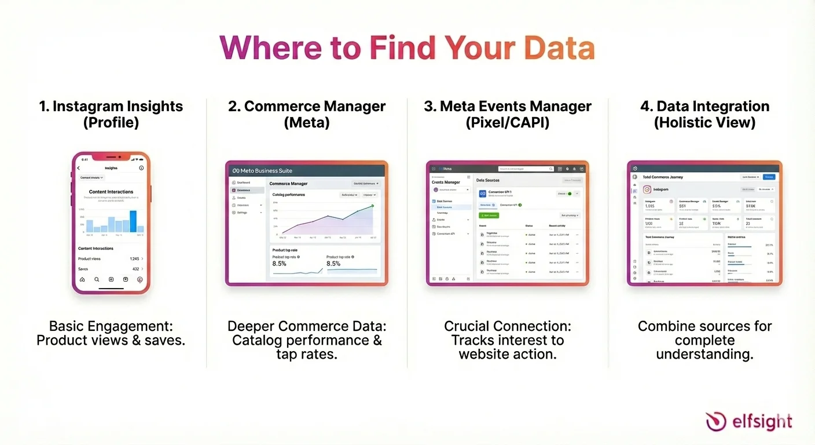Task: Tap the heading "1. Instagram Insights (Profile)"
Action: [111, 114]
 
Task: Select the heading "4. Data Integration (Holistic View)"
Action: [704, 114]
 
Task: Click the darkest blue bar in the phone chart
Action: [133, 221]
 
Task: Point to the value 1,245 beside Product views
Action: [134, 258]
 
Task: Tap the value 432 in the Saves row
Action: [135, 269]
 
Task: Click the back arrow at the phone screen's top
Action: [79, 168]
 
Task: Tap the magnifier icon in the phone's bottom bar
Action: [97, 279]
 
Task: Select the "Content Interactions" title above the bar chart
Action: [111, 191]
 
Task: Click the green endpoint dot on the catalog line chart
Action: [372, 206]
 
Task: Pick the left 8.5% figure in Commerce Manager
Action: [279, 264]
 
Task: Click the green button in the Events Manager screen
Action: [489, 215]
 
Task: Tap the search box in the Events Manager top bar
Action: [526, 169]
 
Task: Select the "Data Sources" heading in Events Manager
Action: [488, 180]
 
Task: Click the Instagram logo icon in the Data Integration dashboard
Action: [647, 189]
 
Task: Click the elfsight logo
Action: [748, 421]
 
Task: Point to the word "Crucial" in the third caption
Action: [471, 326]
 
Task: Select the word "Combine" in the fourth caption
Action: [663, 326]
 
